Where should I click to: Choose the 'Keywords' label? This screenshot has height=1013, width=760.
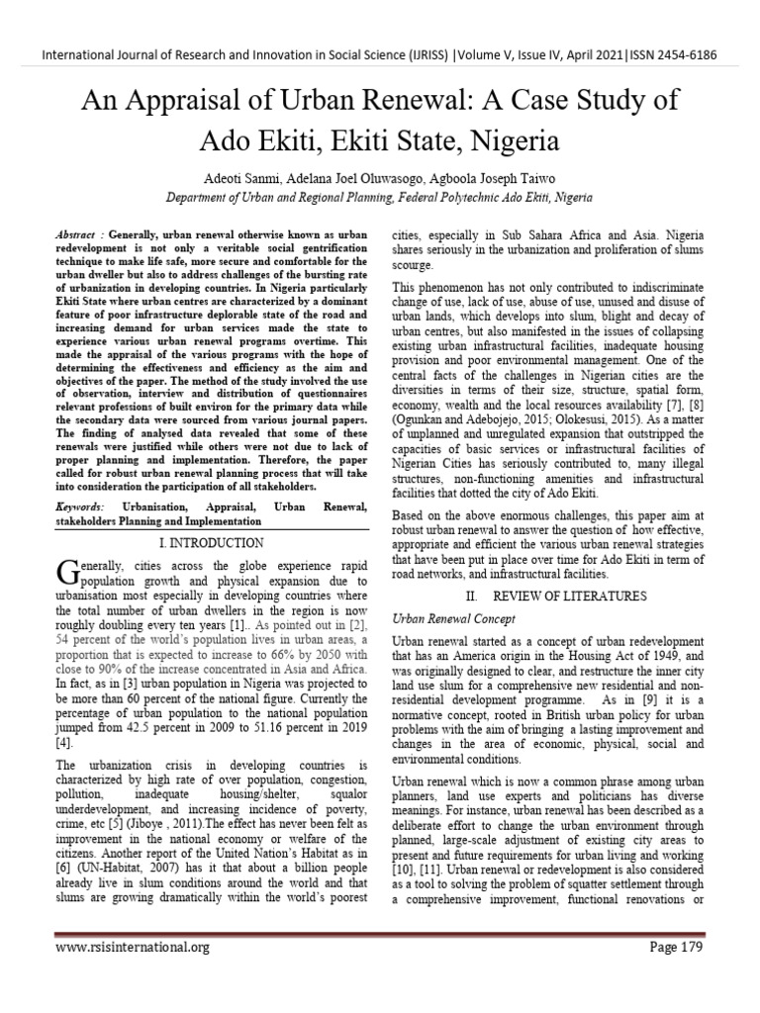click(x=82, y=506)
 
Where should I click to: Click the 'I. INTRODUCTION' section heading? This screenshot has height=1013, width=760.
click(x=211, y=543)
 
